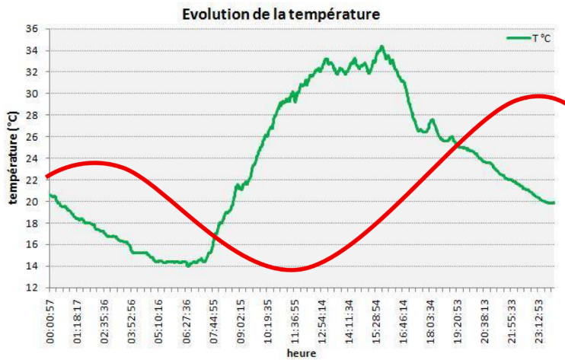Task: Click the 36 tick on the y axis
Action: point(33,29)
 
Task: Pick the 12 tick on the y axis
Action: point(33,288)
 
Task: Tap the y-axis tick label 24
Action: point(33,158)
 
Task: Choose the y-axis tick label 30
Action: point(33,94)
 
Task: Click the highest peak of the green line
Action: point(381,46)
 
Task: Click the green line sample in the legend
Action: point(518,37)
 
